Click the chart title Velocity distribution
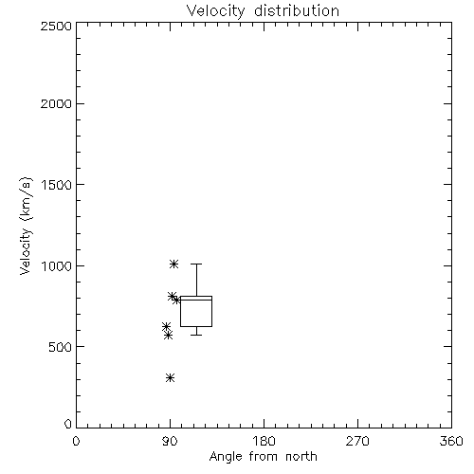[263, 11]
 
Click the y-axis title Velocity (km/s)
[26, 226]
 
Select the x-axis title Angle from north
[263, 457]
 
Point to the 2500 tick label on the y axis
[56, 26]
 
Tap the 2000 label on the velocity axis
[56, 103]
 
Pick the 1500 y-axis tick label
[57, 185]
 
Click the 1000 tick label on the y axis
[57, 265]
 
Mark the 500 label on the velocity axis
[60, 347]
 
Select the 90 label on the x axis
[170, 441]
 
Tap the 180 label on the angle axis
[264, 441]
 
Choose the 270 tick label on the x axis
[357, 441]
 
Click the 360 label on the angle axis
[451, 441]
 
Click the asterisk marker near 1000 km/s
[173, 264]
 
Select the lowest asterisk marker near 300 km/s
[171, 377]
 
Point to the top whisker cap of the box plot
[196, 264]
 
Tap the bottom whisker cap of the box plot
[196, 335]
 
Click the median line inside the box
[196, 300]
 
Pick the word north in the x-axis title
[301, 457]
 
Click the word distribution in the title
[297, 11]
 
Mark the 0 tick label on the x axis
[76, 441]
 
